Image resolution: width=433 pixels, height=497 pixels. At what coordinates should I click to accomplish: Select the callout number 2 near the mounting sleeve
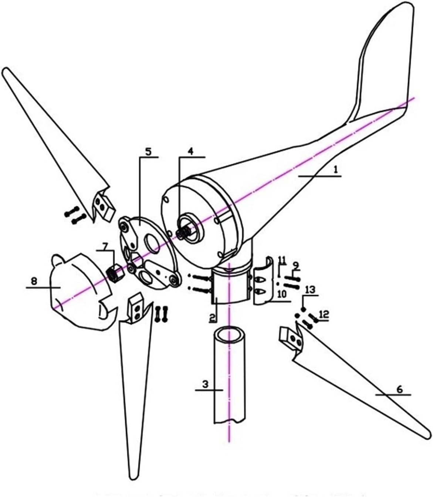coord(213,317)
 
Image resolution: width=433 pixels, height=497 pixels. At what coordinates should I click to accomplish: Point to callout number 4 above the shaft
coord(190,151)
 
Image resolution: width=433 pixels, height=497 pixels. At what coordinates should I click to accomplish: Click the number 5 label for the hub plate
coord(148,151)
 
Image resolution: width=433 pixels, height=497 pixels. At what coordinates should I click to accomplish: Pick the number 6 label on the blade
coord(399,389)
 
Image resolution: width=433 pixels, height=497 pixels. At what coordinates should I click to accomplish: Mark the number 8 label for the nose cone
coord(34,281)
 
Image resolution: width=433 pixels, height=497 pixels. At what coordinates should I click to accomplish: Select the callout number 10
coord(282,294)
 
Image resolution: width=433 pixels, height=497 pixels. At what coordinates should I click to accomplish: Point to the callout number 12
coord(324,314)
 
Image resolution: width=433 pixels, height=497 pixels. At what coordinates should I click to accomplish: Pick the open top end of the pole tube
coord(229,335)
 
